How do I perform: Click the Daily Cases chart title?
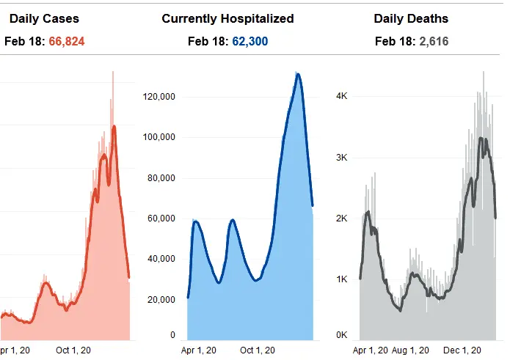(x=44, y=18)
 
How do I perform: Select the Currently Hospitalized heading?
(x=227, y=18)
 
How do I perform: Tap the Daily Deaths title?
(x=411, y=18)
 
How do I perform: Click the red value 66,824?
(x=67, y=42)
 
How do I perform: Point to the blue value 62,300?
(x=250, y=42)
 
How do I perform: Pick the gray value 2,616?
(x=434, y=42)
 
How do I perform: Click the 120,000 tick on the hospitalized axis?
(x=160, y=97)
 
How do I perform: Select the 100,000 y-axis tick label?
(x=160, y=137)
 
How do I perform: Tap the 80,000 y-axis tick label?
(x=162, y=177)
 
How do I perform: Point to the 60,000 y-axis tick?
(x=162, y=218)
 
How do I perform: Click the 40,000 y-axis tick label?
(x=162, y=258)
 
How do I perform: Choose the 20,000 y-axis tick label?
(x=162, y=299)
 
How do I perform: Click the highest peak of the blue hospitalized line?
(x=297, y=74)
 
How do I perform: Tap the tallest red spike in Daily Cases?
(x=113, y=72)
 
